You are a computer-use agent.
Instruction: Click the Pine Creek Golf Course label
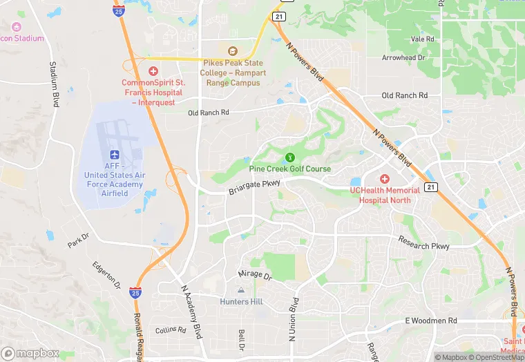click(289, 169)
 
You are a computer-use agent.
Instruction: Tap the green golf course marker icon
click(290, 158)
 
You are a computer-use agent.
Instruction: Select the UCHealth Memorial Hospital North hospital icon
click(385, 179)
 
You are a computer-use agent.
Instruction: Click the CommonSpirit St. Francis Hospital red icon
click(153, 71)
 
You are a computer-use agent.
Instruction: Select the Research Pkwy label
click(423, 242)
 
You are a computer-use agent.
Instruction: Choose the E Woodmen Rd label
click(431, 321)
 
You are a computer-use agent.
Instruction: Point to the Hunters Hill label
click(240, 302)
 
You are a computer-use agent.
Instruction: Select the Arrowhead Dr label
click(408, 58)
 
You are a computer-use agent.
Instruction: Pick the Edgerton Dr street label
click(106, 275)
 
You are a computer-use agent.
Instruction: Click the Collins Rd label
click(171, 330)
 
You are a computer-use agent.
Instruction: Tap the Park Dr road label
click(79, 240)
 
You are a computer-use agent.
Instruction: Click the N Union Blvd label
click(294, 320)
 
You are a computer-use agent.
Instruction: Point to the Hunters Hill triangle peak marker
click(240, 290)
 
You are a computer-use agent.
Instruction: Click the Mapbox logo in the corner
click(31, 352)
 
